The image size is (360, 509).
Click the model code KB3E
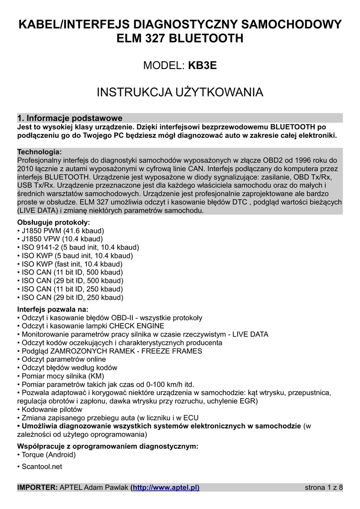(203, 65)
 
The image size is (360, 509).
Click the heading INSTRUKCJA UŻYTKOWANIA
(180, 92)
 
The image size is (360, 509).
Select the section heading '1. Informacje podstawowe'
(70, 118)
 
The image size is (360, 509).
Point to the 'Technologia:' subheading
(40, 152)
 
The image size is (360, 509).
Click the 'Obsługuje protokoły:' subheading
(54, 222)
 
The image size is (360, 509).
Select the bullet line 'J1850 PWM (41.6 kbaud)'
(61, 231)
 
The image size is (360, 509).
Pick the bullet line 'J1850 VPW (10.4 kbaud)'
(60, 239)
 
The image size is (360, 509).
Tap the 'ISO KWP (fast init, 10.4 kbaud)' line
(70, 264)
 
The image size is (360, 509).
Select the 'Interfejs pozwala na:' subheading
(53, 309)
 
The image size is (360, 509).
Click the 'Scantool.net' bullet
(41, 467)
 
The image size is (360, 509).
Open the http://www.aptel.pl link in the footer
(166, 487)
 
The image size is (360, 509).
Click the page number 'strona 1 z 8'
(323, 487)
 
